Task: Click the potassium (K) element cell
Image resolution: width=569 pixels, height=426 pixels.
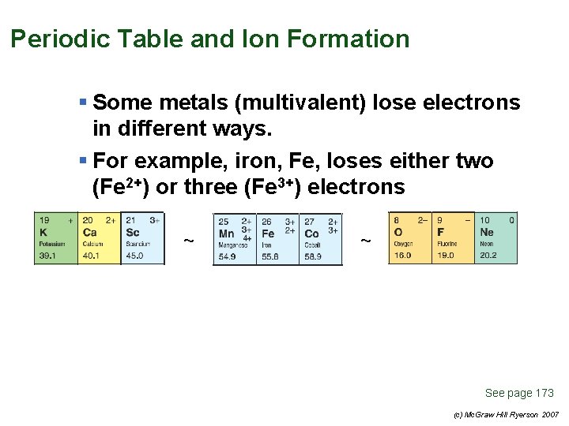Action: [x=55, y=237]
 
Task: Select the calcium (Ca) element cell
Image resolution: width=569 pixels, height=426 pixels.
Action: [x=99, y=237]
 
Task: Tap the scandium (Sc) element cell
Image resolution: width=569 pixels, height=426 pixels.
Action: [x=142, y=237]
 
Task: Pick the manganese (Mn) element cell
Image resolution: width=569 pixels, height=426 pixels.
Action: [x=235, y=238]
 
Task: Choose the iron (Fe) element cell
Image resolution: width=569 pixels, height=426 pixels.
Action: [x=277, y=238]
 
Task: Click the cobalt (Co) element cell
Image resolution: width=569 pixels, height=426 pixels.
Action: [x=321, y=238]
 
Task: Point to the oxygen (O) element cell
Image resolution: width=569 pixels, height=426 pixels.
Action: [x=409, y=237]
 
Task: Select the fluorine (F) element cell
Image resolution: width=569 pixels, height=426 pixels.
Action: [x=453, y=237]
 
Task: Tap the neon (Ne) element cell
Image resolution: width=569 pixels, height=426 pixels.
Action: [x=496, y=237]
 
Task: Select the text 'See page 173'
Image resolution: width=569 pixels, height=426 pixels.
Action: [x=519, y=393]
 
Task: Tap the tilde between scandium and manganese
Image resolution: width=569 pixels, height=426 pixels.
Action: [x=188, y=240]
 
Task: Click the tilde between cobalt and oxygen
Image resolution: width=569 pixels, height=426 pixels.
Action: [x=365, y=240]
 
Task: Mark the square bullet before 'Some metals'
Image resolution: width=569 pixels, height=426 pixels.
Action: [x=83, y=103]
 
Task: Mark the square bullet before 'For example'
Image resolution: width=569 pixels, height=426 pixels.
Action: [x=83, y=161]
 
